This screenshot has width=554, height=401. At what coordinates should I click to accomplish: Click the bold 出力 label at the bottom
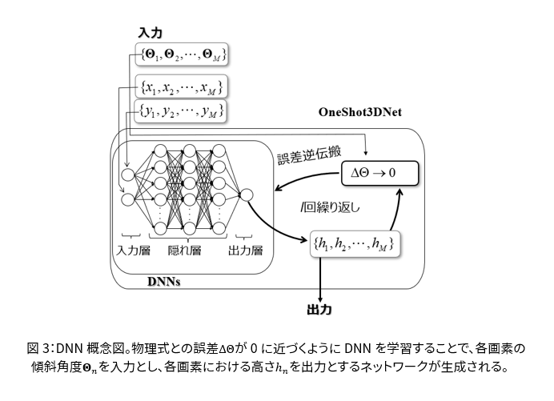(x=320, y=307)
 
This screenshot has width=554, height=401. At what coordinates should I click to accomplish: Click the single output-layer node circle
(x=247, y=194)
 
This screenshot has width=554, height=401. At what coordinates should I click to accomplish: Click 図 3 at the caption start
(x=39, y=348)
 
